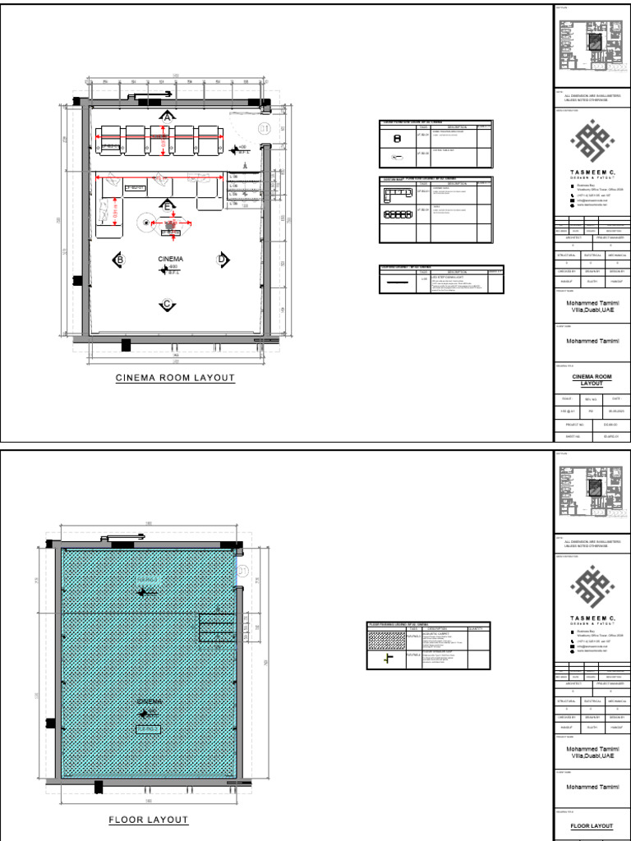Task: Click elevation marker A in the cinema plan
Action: coord(168,117)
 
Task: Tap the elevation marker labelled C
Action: coord(168,305)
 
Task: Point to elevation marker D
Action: coord(222,260)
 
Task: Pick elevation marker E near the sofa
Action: coord(168,205)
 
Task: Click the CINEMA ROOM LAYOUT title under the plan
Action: coord(175,378)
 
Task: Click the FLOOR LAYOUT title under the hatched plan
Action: coord(149,820)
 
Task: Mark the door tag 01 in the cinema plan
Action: coord(265,129)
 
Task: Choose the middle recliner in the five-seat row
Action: coord(160,140)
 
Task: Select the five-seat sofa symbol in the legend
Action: coord(398,214)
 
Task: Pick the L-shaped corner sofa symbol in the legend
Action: coord(398,194)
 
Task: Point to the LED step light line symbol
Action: coord(398,282)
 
